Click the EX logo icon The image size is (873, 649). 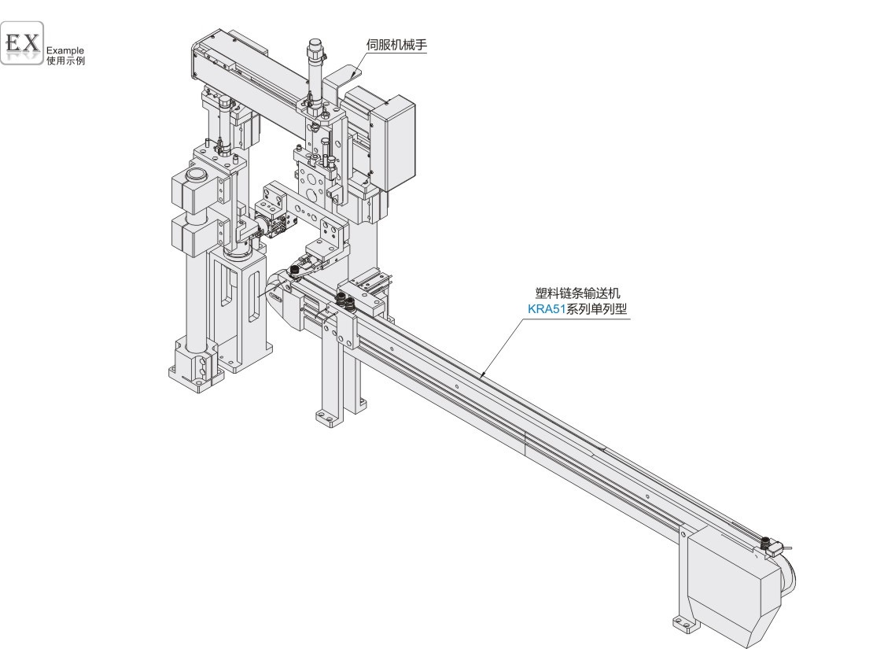[x=22, y=43]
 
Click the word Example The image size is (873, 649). [x=65, y=50]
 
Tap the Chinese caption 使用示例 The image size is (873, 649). [x=66, y=61]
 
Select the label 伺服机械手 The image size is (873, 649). [x=396, y=45]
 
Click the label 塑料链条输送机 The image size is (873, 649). [x=577, y=293]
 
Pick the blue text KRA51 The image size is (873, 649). [x=546, y=309]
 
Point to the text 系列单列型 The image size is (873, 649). [x=596, y=309]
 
